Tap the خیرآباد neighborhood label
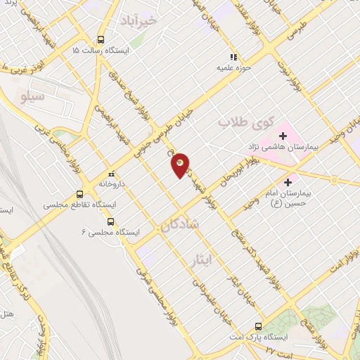(x=146, y=21)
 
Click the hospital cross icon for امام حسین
(x=288, y=182)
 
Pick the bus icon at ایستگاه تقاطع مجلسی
(x=79, y=194)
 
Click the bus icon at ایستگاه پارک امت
(x=258, y=326)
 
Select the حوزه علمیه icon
(x=233, y=58)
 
